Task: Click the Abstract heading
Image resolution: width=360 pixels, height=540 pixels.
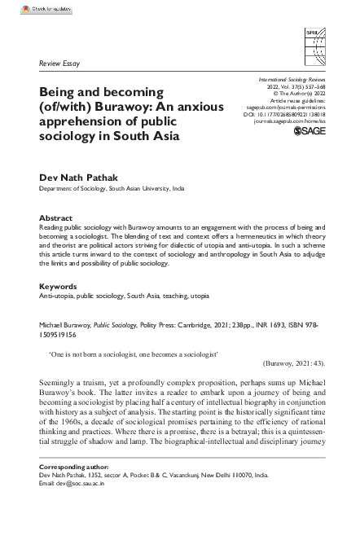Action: pos(56,217)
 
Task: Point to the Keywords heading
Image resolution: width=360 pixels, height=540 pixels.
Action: pos(58,287)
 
